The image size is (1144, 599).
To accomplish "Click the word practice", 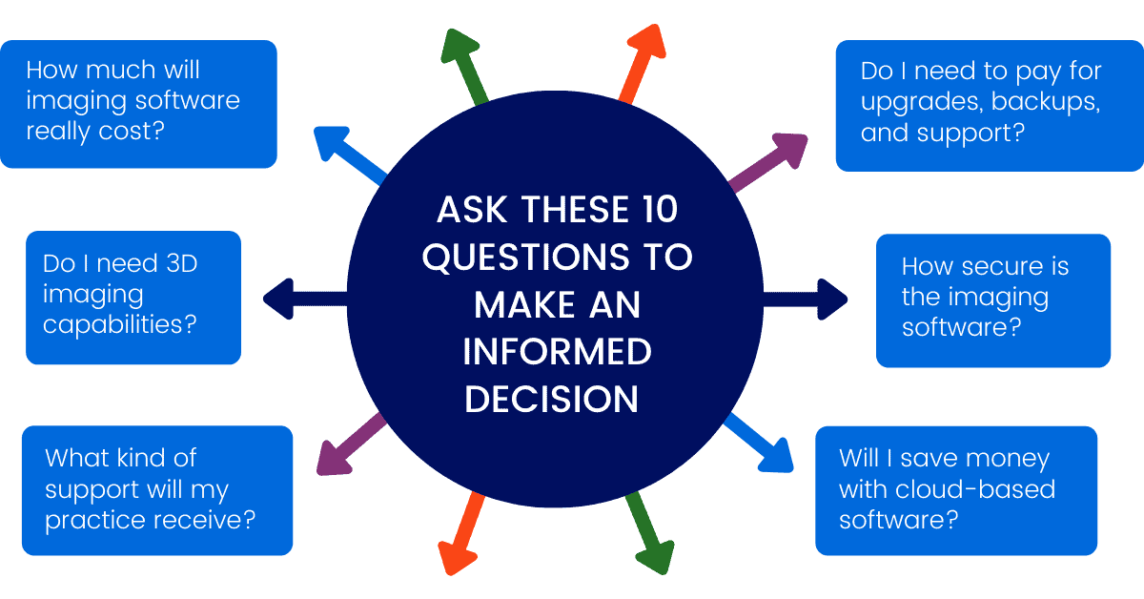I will click(100, 520).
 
